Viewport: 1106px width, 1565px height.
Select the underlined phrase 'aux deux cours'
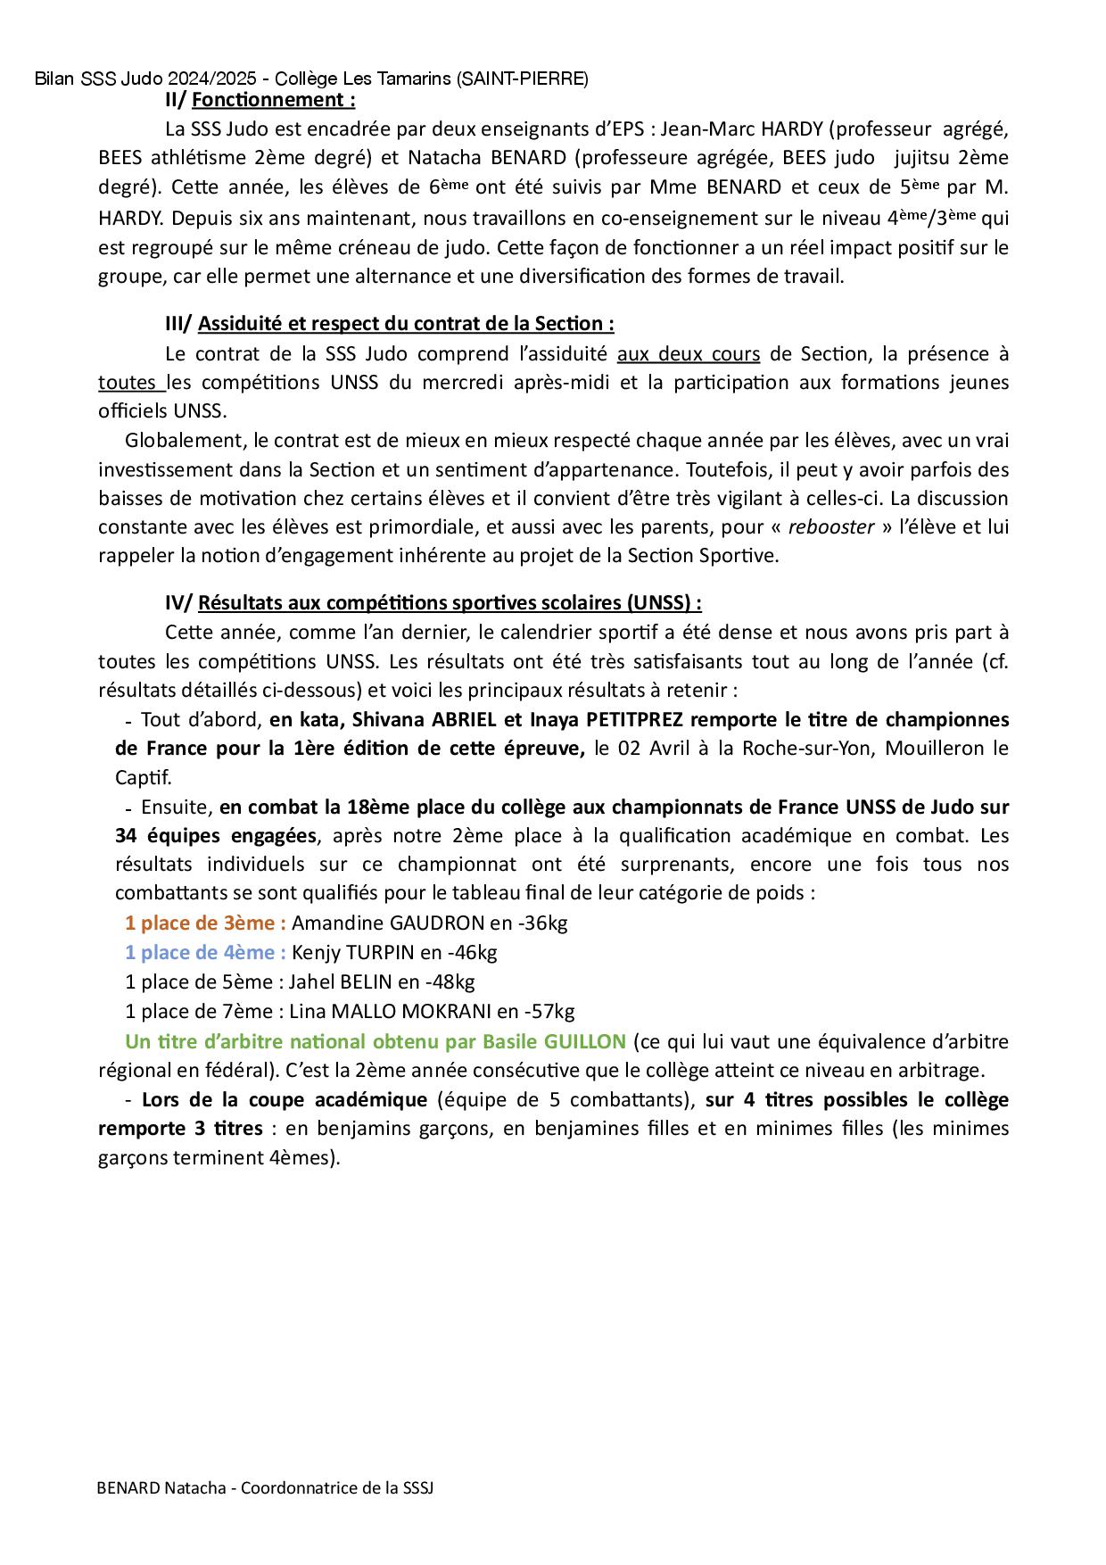(688, 354)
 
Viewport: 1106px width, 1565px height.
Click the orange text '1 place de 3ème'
(204, 923)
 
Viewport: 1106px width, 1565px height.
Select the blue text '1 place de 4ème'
(204, 952)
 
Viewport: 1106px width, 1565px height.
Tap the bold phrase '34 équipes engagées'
(215, 836)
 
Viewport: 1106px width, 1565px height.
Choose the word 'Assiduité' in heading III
(239, 323)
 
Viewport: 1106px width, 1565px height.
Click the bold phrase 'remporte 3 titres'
(180, 1129)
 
